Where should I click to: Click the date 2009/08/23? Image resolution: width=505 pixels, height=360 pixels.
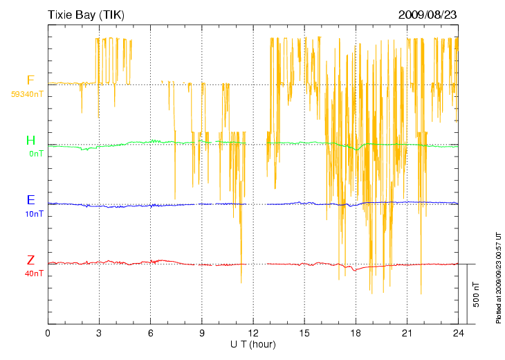(428, 14)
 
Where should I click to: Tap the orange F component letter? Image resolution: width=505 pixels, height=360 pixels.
(30, 80)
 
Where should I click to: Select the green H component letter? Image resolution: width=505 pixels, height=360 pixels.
(30, 141)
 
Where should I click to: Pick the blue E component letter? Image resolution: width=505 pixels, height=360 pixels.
(30, 200)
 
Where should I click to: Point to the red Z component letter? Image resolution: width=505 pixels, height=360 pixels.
(30, 260)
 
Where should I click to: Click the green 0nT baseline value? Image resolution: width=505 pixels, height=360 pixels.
(35, 154)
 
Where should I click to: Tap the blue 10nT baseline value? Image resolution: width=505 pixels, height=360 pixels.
(33, 214)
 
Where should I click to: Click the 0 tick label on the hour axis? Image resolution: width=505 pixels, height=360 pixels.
(48, 332)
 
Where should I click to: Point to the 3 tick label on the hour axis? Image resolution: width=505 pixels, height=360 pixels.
(99, 332)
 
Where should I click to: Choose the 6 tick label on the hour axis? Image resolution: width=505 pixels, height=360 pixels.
(150, 332)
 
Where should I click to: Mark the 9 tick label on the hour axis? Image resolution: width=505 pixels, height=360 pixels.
(202, 332)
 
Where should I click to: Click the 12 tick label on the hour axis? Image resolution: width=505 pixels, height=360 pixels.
(253, 332)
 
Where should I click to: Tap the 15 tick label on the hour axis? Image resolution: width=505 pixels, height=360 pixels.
(304, 332)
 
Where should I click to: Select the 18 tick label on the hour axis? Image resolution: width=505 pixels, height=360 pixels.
(356, 332)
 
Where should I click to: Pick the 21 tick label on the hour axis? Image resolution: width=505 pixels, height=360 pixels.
(407, 332)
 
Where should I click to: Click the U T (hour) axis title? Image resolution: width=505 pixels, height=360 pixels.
(253, 344)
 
